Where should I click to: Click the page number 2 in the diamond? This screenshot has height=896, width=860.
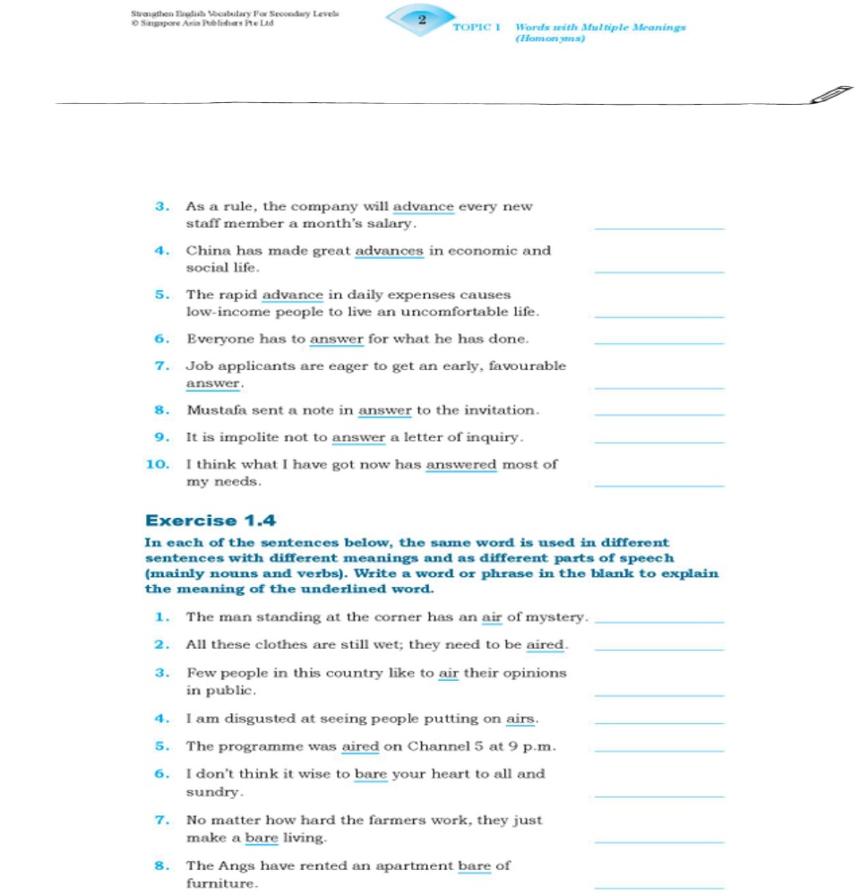coord(421,18)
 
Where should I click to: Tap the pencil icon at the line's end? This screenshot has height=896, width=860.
coord(829,95)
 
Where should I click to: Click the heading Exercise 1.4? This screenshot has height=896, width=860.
coord(211,521)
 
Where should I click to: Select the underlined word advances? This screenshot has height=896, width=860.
coord(390,251)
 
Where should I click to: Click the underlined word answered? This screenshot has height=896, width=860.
coord(460,464)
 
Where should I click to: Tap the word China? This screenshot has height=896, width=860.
coord(206,251)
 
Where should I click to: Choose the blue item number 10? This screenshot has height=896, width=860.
coord(158,464)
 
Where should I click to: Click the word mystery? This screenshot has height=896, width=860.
coord(555,617)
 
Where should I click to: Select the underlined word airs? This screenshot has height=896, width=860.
coord(520,719)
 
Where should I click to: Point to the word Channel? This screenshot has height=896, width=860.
coord(440,746)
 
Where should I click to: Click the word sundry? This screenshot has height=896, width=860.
coord(212,793)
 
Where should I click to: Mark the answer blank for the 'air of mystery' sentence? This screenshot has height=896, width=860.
coord(658,621)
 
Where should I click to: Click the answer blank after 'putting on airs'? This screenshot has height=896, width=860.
coord(658,722)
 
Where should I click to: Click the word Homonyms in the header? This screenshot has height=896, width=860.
coord(550,39)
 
